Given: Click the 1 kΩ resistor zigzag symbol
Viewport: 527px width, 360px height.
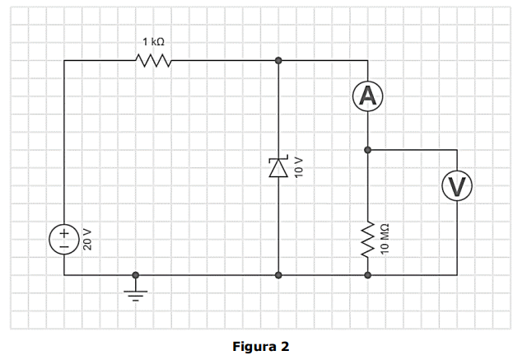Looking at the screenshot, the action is point(153,60).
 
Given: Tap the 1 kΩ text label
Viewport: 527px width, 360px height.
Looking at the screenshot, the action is point(153,42).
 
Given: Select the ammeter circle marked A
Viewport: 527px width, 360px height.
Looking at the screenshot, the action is point(368,96).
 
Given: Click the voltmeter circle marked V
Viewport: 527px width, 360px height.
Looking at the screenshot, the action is point(457,186).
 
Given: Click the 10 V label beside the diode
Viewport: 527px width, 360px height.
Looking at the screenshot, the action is point(299,167).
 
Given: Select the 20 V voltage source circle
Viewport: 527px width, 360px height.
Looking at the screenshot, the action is point(64,240).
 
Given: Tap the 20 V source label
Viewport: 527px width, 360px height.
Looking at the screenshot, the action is point(87,240).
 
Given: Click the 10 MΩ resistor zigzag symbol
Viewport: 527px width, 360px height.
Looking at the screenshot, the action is point(368,240).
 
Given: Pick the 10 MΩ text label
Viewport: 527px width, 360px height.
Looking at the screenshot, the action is point(385,238).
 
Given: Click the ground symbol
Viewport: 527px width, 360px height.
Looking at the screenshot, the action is point(135,292).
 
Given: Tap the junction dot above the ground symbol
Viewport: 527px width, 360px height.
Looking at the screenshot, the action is point(135,275).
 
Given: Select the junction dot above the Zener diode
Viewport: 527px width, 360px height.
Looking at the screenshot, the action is point(278,60).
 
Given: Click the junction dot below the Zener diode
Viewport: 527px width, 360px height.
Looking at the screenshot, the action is point(278,275).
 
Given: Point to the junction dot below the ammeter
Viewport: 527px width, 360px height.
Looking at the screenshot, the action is point(368,150).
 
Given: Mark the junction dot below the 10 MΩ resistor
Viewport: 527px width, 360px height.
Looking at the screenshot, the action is point(368,275).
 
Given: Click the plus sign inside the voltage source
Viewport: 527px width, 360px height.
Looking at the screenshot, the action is point(64,233).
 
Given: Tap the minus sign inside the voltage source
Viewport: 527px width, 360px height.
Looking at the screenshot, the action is point(64,247).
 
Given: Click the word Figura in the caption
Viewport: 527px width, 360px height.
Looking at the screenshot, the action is point(252,347).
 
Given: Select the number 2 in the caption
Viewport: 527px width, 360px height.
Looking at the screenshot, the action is point(285,346).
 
